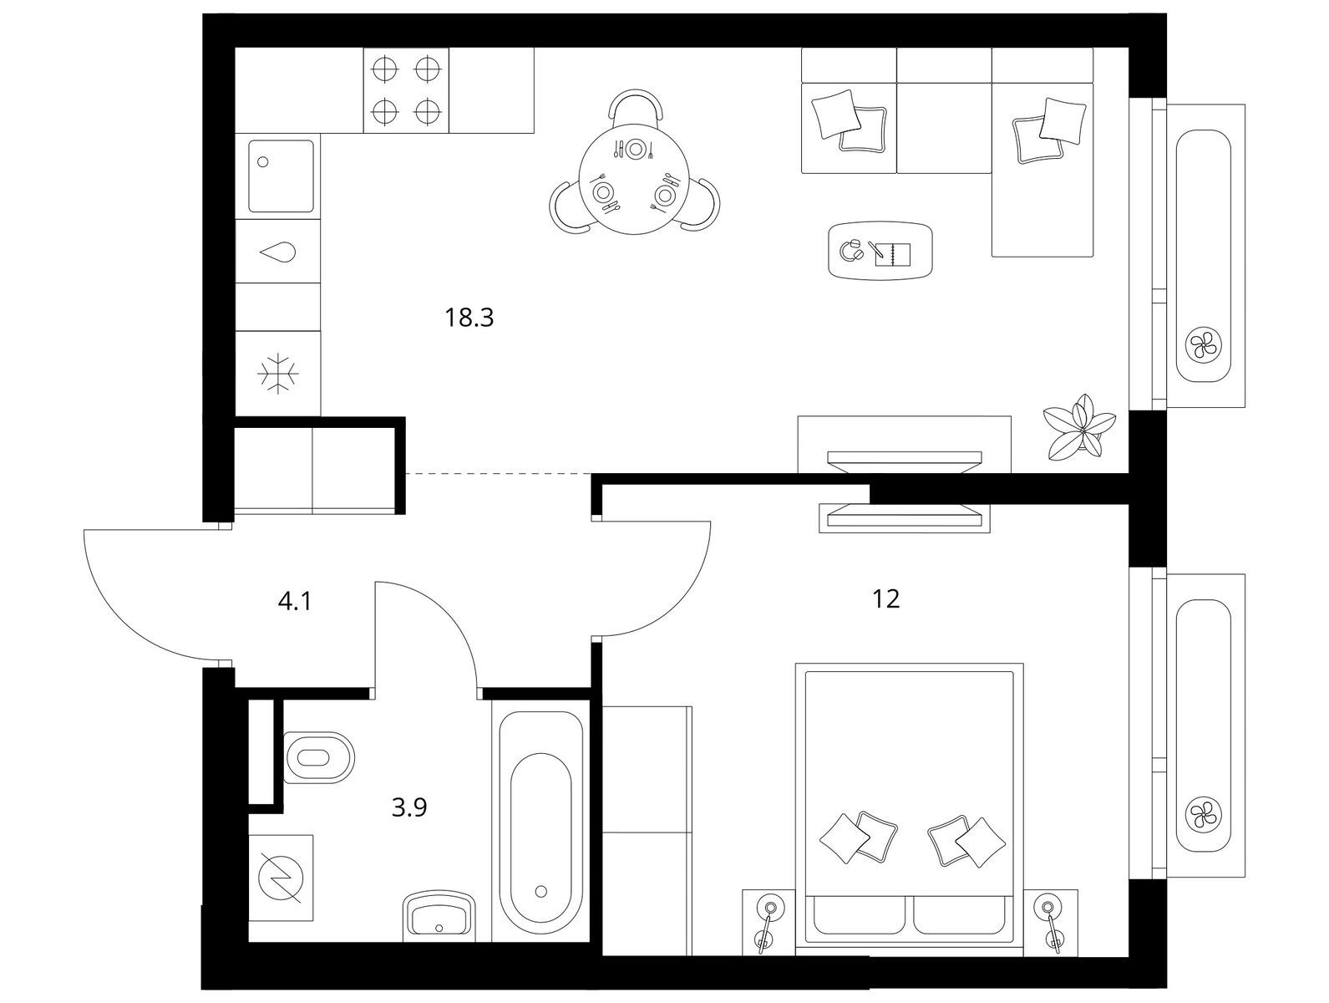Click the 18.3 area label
click(x=469, y=318)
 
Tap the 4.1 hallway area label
click(x=294, y=602)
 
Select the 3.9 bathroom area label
click(x=409, y=807)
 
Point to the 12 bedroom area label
click(x=885, y=598)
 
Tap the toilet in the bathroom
click(x=318, y=757)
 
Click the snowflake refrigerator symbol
click(x=278, y=374)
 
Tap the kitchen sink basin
click(x=281, y=176)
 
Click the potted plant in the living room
click(x=1079, y=425)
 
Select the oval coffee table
click(x=880, y=250)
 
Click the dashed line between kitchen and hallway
click(x=499, y=473)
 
